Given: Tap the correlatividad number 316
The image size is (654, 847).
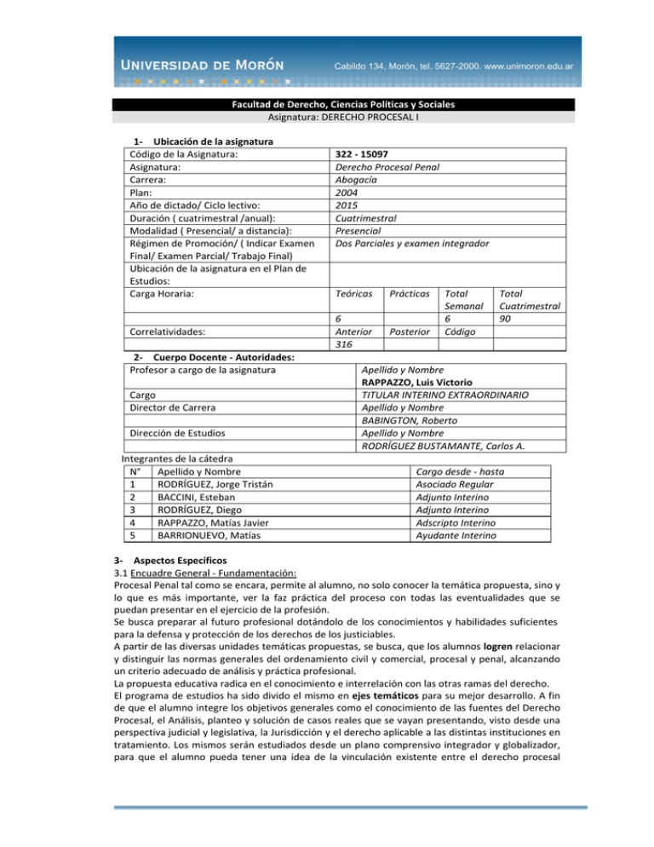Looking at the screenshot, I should click(x=346, y=345).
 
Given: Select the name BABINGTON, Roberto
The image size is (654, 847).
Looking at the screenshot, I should click(x=410, y=421).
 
